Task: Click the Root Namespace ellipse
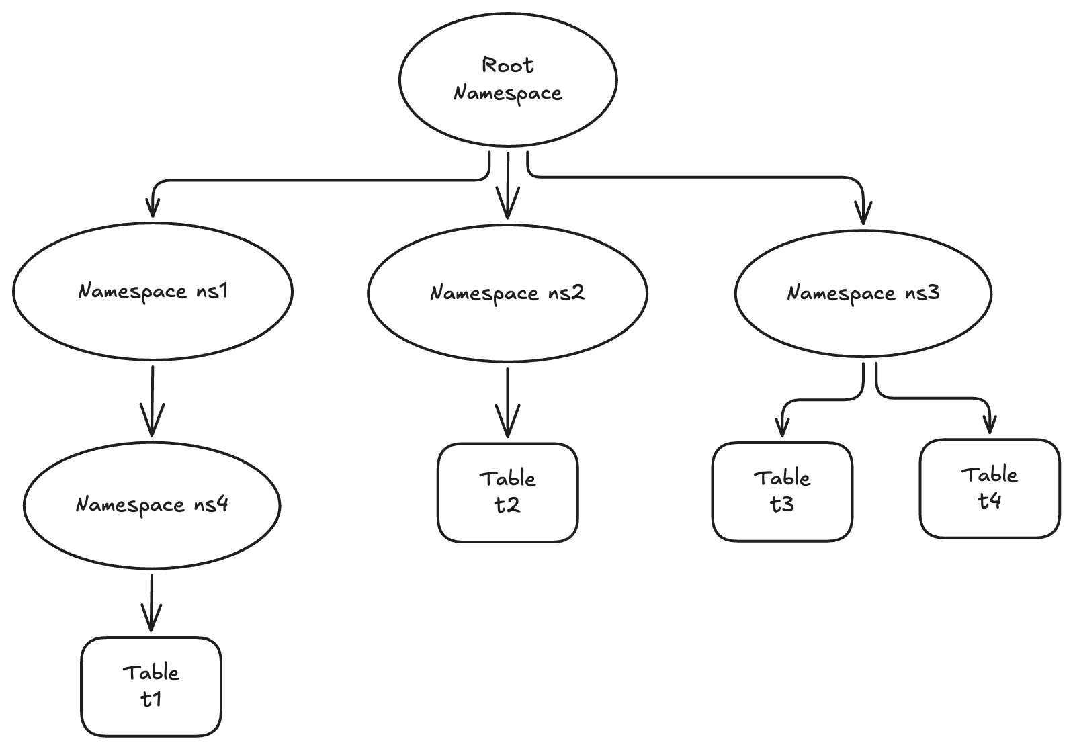point(508,79)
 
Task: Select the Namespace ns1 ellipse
point(153,291)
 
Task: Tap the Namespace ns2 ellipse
point(508,293)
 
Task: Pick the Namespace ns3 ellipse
point(863,293)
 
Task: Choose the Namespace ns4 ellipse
point(152,504)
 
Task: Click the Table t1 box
point(151,687)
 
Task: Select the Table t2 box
point(508,492)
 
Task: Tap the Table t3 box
point(782,491)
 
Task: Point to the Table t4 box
point(990,488)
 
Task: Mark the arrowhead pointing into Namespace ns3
point(864,214)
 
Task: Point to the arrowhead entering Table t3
point(781,427)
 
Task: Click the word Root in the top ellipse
point(508,65)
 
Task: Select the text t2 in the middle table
point(508,505)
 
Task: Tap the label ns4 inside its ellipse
point(211,504)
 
